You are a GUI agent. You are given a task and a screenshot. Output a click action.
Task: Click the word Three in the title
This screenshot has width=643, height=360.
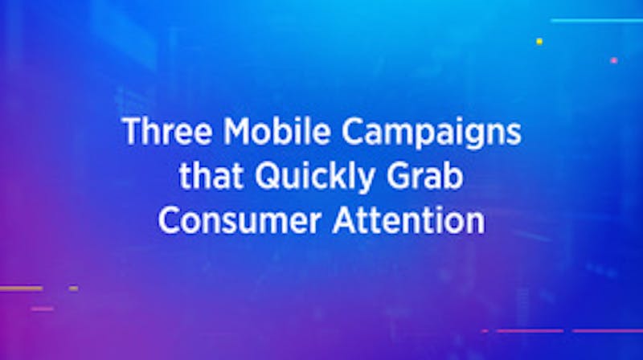click(167, 131)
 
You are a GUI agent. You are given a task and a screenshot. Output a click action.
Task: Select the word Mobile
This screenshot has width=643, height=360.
click(276, 131)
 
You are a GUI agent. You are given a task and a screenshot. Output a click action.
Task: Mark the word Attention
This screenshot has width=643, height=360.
click(409, 220)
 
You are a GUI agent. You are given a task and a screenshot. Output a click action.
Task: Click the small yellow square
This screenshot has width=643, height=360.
click(539, 41)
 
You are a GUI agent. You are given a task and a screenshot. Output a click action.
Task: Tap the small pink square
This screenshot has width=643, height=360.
click(614, 60)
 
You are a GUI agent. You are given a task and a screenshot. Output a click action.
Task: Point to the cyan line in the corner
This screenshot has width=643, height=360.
click(597, 20)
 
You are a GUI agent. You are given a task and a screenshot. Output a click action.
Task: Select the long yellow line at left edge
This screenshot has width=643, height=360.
click(21, 288)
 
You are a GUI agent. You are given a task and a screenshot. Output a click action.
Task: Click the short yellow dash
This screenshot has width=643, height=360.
click(74, 288)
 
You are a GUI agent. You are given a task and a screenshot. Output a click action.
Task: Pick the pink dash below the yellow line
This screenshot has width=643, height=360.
click(43, 309)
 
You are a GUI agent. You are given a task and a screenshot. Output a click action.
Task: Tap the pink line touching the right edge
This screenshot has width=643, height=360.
click(608, 330)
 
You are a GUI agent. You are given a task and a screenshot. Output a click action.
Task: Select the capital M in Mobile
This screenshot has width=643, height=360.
click(239, 131)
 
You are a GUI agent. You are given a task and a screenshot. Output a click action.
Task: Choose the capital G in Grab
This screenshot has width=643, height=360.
click(398, 176)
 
